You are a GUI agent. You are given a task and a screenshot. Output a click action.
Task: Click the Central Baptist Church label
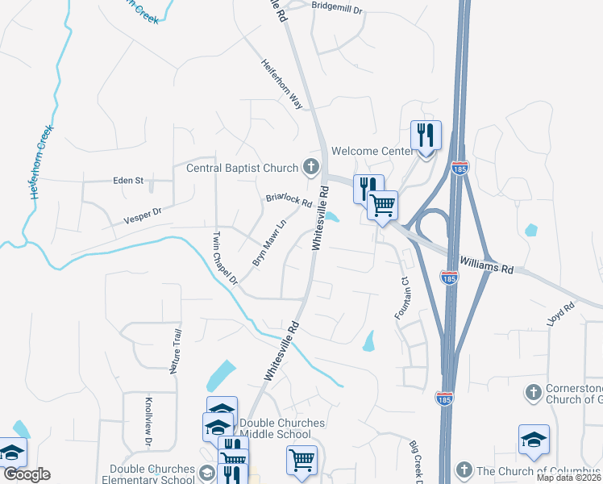(242, 169)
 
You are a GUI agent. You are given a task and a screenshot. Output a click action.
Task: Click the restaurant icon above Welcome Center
(425, 135)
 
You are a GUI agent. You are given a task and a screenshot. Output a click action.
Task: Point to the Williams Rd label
(486, 265)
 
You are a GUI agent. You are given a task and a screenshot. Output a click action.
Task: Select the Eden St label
(128, 181)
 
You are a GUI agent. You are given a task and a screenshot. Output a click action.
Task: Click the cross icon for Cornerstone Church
(532, 392)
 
